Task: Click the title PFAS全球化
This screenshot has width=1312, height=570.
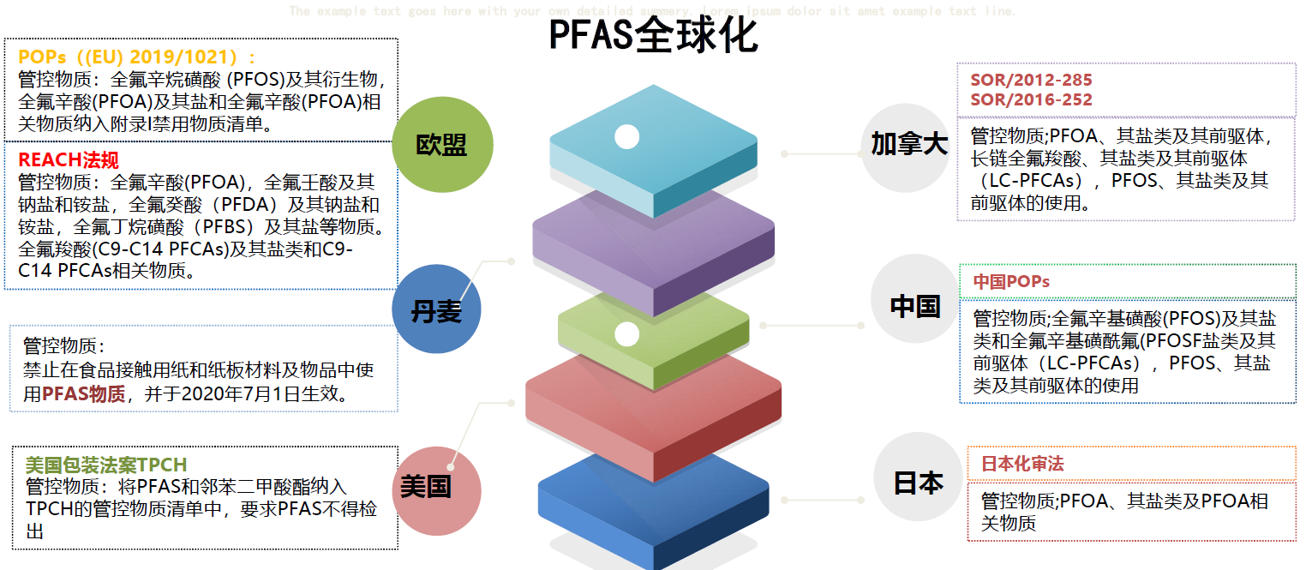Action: (653, 36)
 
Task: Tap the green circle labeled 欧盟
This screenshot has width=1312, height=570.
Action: (442, 145)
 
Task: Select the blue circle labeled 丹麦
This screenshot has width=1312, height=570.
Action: (436, 309)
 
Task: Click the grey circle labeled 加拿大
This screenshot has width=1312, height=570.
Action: (908, 147)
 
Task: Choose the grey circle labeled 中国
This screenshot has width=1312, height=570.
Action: (914, 306)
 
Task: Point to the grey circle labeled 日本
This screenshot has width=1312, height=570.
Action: (918, 482)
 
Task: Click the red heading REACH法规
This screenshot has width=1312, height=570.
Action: (69, 159)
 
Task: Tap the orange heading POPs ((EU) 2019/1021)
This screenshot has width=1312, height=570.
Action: (137, 57)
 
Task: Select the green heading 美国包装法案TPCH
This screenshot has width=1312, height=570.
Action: (105, 465)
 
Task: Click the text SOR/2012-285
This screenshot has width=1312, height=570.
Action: (1031, 81)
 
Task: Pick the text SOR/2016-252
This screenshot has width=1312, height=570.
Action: (1031, 99)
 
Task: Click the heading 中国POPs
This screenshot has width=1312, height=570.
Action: (1011, 281)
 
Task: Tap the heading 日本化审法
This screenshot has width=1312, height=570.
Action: (1022, 464)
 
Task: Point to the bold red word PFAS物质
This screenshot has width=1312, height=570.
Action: (83, 394)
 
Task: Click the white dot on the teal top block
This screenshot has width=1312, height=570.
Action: (627, 136)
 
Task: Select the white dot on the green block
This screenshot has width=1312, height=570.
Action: (627, 334)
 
